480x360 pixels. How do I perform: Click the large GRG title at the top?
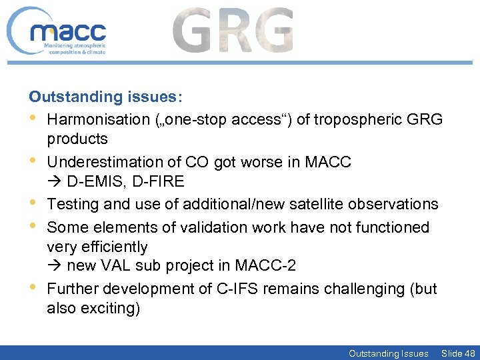click(233, 31)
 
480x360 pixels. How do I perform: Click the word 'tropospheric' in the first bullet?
click(361, 119)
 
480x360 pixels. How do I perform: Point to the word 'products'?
click(77, 139)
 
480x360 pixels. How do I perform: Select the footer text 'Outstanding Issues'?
click(388, 353)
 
